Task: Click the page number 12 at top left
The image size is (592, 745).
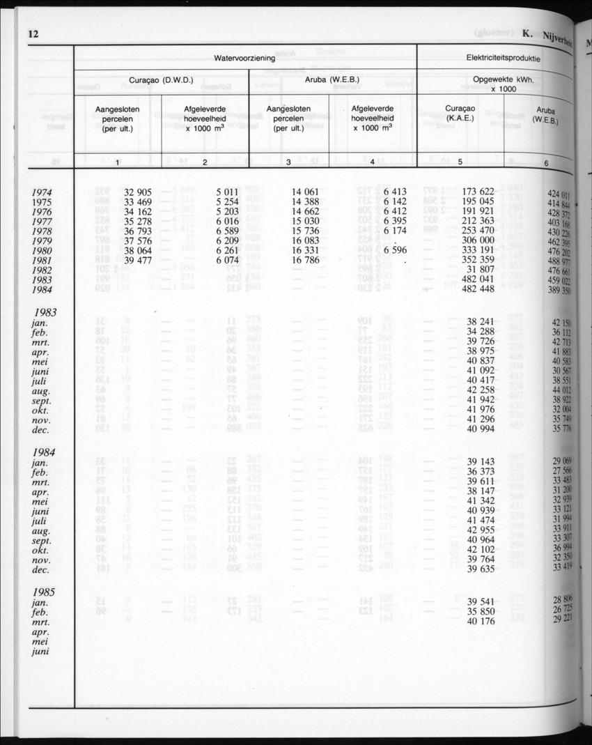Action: (x=33, y=34)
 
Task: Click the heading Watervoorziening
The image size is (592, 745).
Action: (x=244, y=59)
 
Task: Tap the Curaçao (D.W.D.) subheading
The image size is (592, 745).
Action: (x=161, y=80)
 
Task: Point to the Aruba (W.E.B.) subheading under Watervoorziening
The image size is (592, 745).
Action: (x=332, y=80)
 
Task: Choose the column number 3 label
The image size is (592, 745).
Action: (x=288, y=162)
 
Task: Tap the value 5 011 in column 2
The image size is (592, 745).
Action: (x=228, y=192)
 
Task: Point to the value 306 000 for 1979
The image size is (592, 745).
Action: (x=478, y=240)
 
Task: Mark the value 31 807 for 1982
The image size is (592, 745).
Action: (x=481, y=270)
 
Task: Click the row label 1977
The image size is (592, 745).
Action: (x=45, y=222)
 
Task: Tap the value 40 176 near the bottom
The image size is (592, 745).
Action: (x=481, y=622)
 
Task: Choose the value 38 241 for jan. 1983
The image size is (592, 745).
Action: (x=481, y=322)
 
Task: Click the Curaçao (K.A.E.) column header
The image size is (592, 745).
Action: (x=460, y=114)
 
